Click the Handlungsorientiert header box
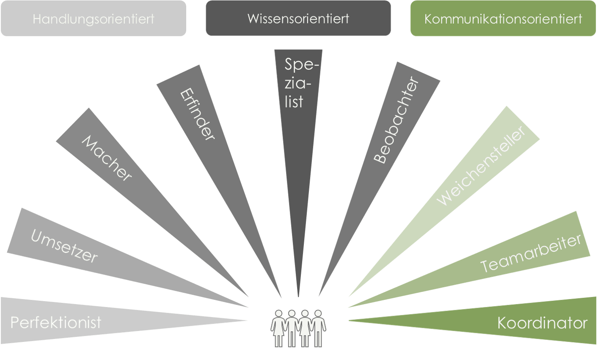[94, 19]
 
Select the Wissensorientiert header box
[298, 19]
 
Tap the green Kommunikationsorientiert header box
[503, 19]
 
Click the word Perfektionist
[56, 322]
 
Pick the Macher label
[107, 158]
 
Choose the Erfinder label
[197, 114]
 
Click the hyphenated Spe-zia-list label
[299, 83]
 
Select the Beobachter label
[396, 120]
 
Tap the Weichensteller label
[481, 165]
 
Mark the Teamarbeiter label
[531, 253]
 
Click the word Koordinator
[542, 323]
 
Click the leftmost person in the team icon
[278, 329]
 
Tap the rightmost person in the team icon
[318, 329]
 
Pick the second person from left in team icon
[292, 329]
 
